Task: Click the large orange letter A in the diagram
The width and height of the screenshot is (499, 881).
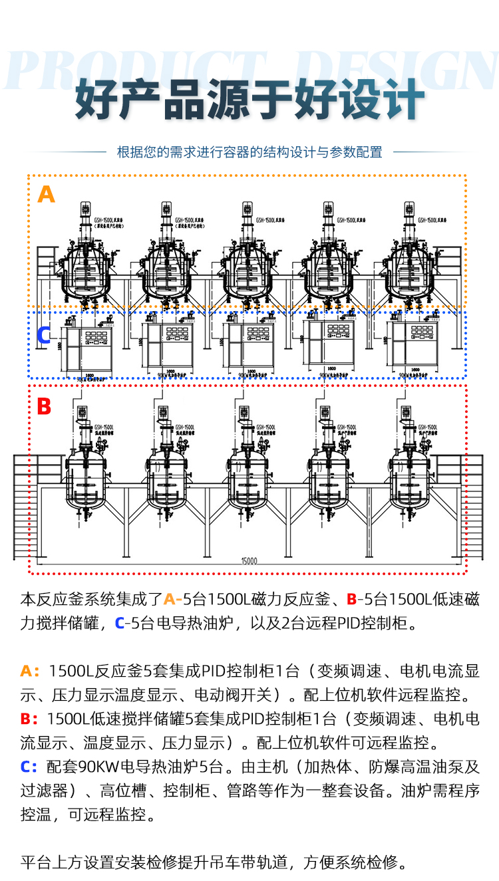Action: click(x=46, y=193)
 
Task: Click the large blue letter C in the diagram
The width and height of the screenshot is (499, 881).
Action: click(x=43, y=335)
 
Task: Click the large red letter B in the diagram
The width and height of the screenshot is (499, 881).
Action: click(x=43, y=406)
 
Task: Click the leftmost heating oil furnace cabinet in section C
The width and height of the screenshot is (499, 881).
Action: click(x=88, y=348)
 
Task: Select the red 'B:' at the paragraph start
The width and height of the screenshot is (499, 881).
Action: click(x=29, y=719)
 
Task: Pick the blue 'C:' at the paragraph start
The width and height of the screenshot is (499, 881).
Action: click(x=29, y=767)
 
